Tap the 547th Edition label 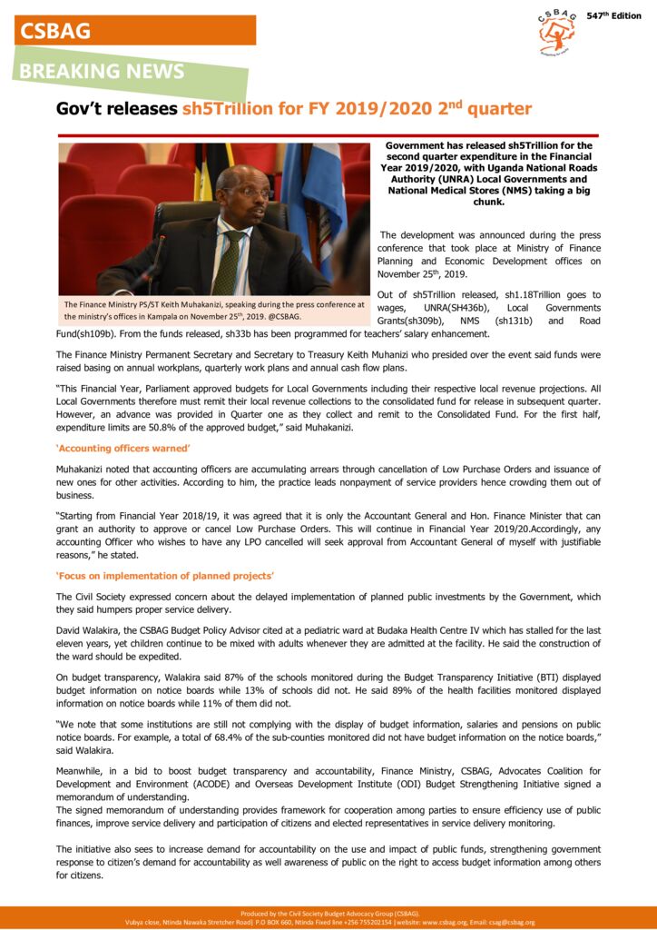[613, 16]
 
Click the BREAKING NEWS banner [103, 71]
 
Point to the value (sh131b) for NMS [515, 322]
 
